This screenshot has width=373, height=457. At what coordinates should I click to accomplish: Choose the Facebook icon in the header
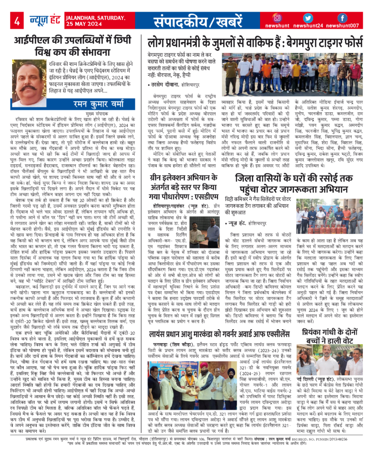coord(342,18)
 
